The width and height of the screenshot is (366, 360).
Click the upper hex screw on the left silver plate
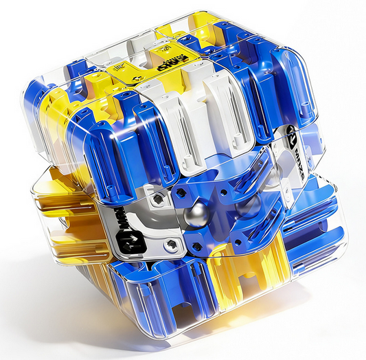[x=157, y=199]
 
